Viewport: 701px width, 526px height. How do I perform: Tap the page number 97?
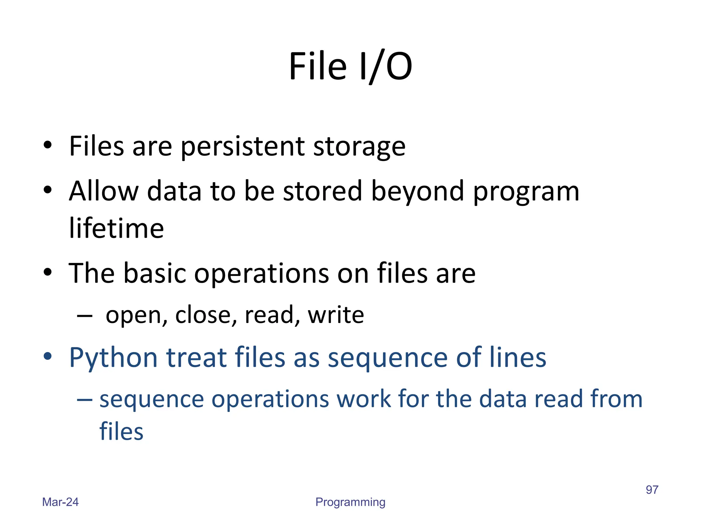(652, 490)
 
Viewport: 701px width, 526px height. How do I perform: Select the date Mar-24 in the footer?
(60, 502)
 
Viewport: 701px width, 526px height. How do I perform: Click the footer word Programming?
(350, 502)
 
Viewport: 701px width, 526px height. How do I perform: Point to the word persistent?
(242, 147)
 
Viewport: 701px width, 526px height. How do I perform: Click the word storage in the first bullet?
(359, 147)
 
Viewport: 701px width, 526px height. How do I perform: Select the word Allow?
(103, 191)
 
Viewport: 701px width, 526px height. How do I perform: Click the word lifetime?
(116, 228)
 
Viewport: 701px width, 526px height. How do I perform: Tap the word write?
(336, 315)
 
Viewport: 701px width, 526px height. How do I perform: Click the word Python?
(113, 358)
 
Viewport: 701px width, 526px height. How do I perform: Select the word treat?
(196, 358)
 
